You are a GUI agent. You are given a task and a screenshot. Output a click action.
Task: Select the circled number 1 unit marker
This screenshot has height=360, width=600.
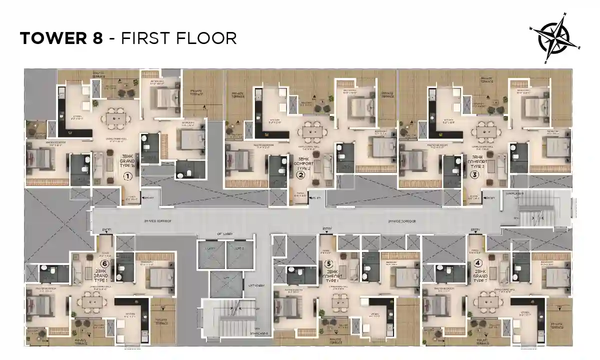click(127, 176)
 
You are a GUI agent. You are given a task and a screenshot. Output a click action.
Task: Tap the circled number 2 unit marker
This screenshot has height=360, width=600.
click(301, 175)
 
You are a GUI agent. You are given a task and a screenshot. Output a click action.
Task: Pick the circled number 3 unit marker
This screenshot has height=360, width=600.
click(474, 175)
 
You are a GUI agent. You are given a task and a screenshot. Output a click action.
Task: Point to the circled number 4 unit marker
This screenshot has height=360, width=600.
click(478, 262)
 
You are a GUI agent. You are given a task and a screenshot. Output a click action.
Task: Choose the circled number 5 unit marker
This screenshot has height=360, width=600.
click(328, 263)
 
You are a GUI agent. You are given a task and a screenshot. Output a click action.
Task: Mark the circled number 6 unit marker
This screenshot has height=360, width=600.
click(104, 263)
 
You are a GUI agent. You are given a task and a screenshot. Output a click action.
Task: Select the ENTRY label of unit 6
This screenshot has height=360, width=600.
click(106, 230)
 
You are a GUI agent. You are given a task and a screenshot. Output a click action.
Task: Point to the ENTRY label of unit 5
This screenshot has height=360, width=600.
click(327, 229)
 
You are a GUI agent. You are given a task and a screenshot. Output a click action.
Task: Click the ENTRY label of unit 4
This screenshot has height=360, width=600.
click(475, 229)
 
